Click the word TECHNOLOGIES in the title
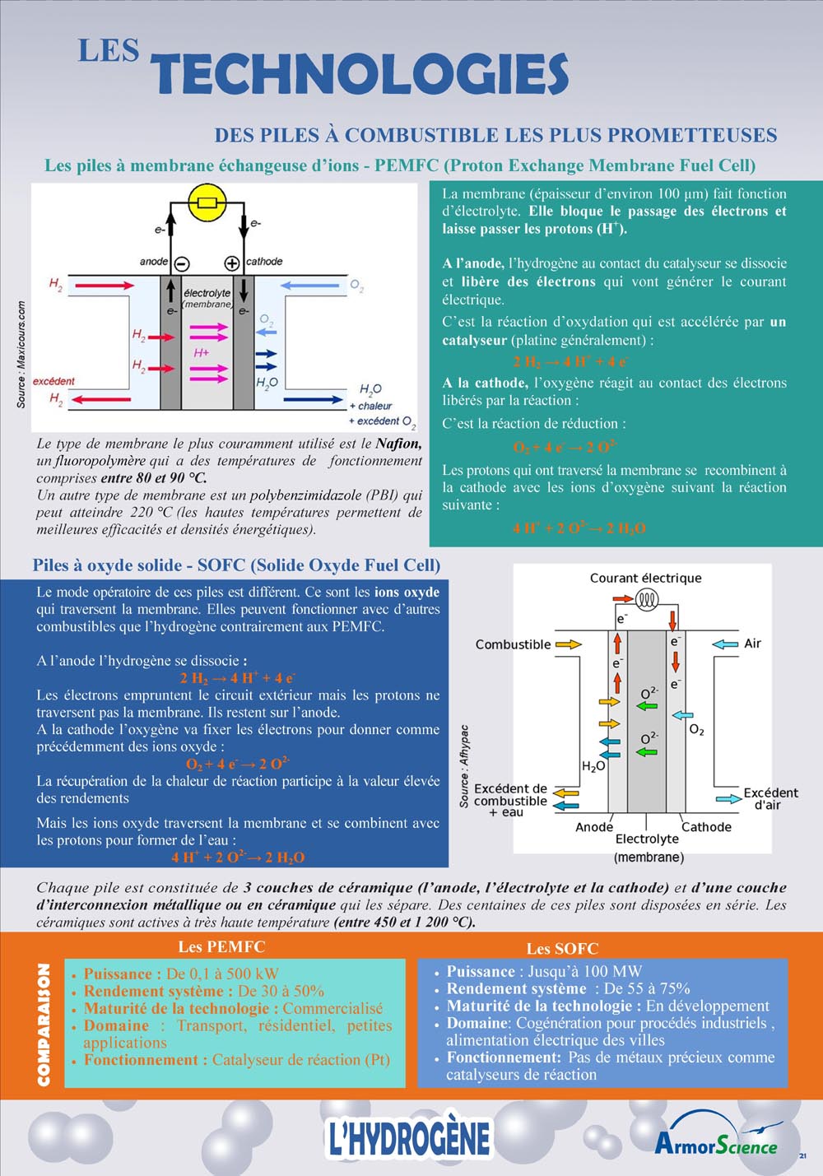pyautogui.click(x=359, y=74)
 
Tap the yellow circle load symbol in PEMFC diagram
pyautogui.click(x=207, y=202)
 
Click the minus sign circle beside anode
pyautogui.click(x=182, y=263)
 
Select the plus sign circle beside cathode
pyautogui.click(x=232, y=263)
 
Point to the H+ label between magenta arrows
pyautogui.click(x=201, y=352)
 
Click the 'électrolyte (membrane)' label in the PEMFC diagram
pyautogui.click(x=207, y=298)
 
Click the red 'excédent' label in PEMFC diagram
pyautogui.click(x=53, y=381)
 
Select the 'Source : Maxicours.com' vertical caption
pyautogui.click(x=21, y=354)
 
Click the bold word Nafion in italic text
pyautogui.click(x=398, y=444)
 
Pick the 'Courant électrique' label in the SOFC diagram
pyautogui.click(x=645, y=578)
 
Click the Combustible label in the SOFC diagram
pyautogui.click(x=513, y=644)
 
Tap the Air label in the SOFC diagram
pyautogui.click(x=752, y=644)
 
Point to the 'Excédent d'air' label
pyautogui.click(x=770, y=798)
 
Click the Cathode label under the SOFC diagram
pyautogui.click(x=706, y=827)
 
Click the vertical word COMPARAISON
pyautogui.click(x=44, y=1024)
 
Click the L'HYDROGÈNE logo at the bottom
pyautogui.click(x=408, y=1138)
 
